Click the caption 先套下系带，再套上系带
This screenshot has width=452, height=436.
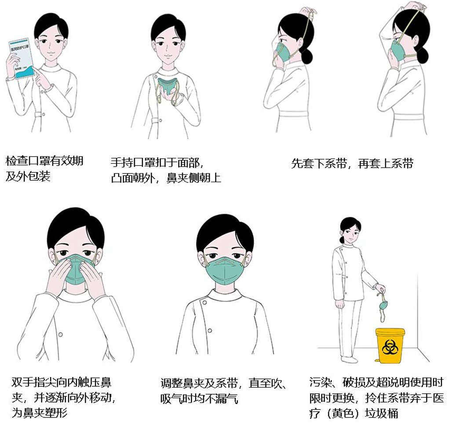tap(352, 164)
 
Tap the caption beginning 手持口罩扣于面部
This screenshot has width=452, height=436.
tap(166, 170)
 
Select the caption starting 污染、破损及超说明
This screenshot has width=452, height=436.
tap(376, 398)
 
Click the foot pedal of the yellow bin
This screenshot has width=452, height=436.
tap(376, 361)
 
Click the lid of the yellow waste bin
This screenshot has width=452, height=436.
tap(390, 331)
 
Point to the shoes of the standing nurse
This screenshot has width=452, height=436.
tap(350, 359)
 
